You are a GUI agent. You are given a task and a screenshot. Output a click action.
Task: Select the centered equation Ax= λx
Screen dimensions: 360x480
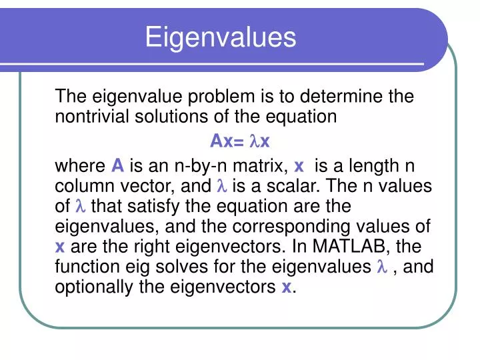(x=239, y=141)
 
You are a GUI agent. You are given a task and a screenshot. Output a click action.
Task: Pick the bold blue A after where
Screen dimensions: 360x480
(x=117, y=165)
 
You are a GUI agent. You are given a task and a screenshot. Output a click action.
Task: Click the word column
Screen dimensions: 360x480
(x=83, y=186)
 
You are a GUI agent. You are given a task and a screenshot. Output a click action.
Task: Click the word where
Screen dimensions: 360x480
(x=79, y=165)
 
